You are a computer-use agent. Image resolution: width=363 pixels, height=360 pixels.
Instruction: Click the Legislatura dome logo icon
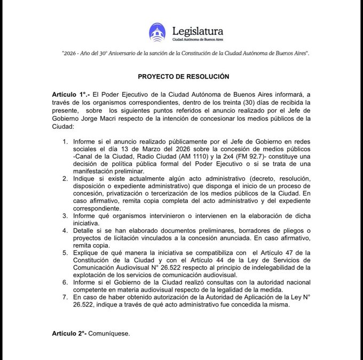click(157, 32)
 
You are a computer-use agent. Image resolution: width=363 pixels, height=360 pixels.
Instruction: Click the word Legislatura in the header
click(198, 30)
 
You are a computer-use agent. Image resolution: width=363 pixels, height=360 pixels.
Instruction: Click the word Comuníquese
click(114, 333)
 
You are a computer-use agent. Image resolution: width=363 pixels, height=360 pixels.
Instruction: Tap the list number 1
click(65, 142)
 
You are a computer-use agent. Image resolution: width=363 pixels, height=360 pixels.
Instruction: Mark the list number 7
click(65, 295)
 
